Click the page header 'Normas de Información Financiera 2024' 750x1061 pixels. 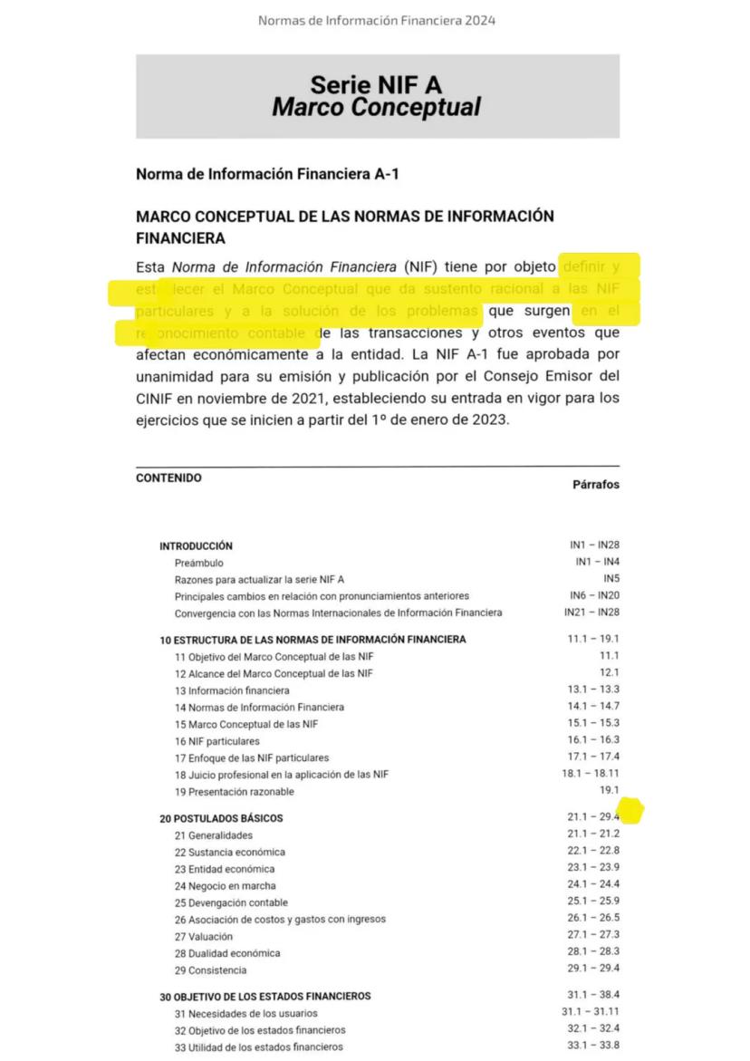click(376, 20)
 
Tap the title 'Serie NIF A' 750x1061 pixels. click(376, 85)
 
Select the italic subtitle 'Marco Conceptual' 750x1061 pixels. click(376, 108)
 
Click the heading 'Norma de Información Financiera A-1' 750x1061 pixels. click(267, 174)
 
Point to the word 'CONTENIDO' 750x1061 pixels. click(168, 478)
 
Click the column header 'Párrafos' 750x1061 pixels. click(595, 485)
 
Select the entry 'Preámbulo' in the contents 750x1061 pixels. click(199, 563)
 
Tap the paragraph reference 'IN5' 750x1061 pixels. click(611, 578)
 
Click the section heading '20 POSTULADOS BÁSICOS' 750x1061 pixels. click(221, 818)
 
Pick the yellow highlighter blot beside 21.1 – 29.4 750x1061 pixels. click(630, 810)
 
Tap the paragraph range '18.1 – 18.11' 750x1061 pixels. click(590, 774)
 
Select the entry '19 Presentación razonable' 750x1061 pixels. click(234, 792)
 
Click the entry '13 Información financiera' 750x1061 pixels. click(226, 690)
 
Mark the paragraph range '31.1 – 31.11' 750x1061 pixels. click(590, 1012)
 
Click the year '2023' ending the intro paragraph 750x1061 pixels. click(490, 420)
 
